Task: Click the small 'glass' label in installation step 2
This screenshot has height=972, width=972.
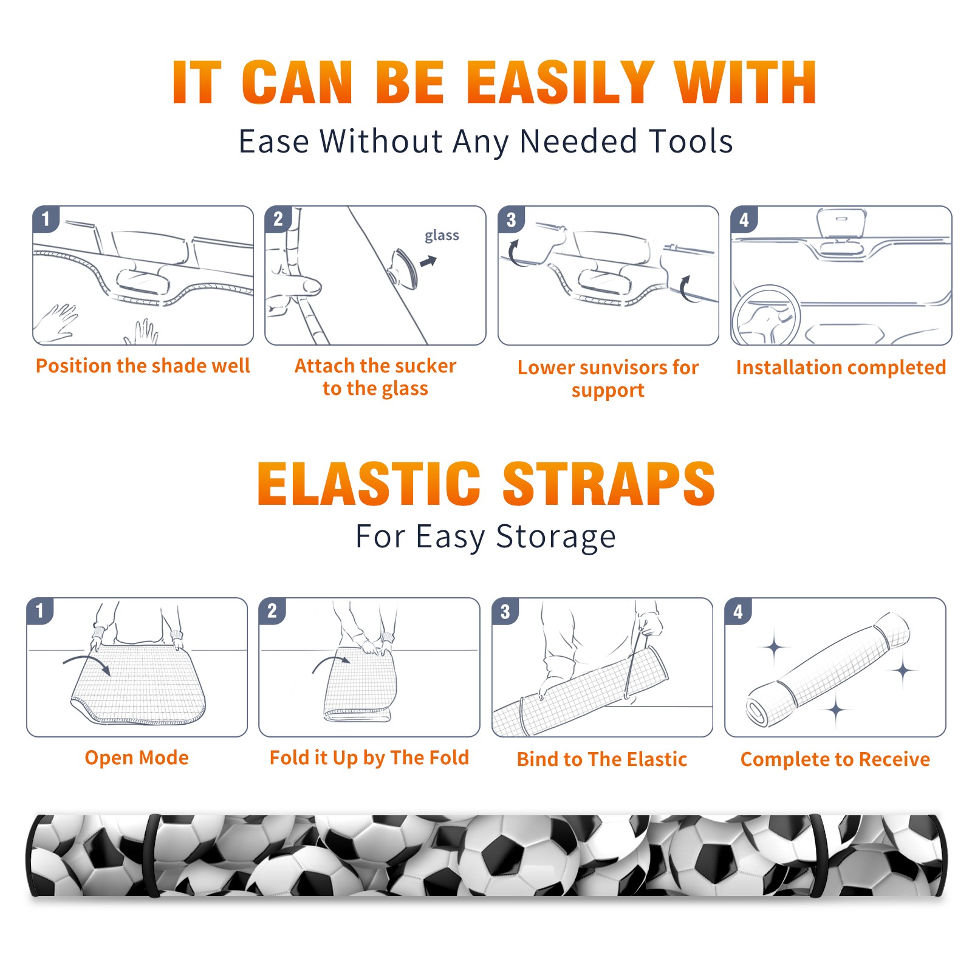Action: (x=442, y=236)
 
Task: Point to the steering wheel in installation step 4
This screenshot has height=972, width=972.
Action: (x=766, y=315)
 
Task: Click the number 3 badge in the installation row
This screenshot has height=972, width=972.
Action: (x=511, y=219)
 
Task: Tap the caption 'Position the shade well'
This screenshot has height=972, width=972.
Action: (x=143, y=366)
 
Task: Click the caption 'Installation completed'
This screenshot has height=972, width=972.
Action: (x=841, y=368)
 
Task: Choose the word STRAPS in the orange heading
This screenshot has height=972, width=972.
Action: (x=609, y=484)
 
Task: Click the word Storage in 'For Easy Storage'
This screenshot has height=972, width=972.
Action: (x=556, y=537)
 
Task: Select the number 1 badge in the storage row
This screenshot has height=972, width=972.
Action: (x=40, y=611)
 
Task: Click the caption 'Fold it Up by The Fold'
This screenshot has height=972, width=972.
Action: (x=369, y=758)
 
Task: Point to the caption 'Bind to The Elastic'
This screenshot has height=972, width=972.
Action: (x=602, y=759)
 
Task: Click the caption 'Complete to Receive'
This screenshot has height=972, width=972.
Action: (x=835, y=759)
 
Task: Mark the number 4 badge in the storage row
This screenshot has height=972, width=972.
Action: (x=738, y=611)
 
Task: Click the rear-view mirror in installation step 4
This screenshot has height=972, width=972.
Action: (x=841, y=223)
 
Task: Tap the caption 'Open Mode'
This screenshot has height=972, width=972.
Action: (x=137, y=758)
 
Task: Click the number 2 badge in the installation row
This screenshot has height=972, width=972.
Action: (x=278, y=219)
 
